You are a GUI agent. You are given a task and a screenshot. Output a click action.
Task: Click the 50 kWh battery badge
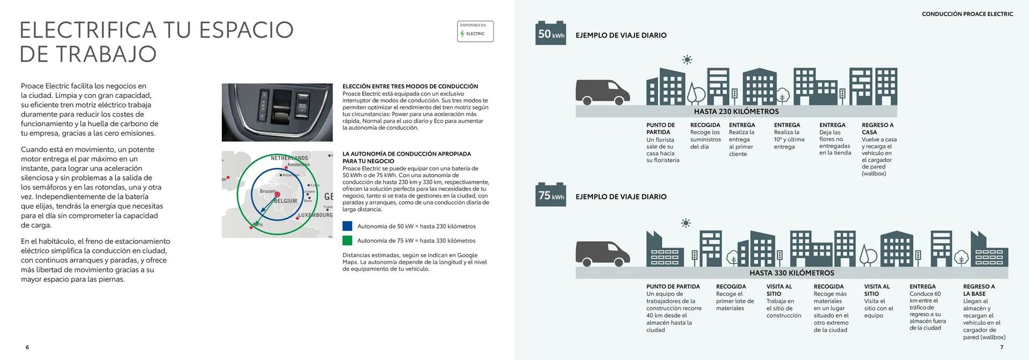pyautogui.click(x=550, y=34)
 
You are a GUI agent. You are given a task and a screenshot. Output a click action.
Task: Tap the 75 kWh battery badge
pyautogui.click(x=550, y=196)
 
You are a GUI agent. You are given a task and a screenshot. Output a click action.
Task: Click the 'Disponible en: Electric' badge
pyautogui.click(x=475, y=31)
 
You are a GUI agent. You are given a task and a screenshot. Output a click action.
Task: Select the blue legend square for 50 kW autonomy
pyautogui.click(x=347, y=226)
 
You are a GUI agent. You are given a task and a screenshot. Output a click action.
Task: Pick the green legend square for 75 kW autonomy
pyautogui.click(x=347, y=241)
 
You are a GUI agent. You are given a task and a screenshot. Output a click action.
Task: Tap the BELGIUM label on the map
pyautogui.click(x=286, y=201)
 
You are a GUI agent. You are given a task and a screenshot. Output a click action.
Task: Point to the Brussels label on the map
pyautogui.click(x=267, y=191)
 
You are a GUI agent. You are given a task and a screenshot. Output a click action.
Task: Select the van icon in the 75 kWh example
pyautogui.click(x=602, y=253)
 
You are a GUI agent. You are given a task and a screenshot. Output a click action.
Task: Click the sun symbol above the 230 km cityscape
pyautogui.click(x=687, y=59)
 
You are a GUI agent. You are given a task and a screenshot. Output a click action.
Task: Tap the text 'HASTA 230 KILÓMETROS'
pyautogui.click(x=736, y=111)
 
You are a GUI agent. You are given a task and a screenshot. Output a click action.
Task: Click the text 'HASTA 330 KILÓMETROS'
pyautogui.click(x=792, y=273)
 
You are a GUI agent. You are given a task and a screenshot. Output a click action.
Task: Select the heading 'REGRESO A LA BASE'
pyautogui.click(x=979, y=290)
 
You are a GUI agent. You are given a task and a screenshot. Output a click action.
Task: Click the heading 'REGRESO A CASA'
pyautogui.click(x=877, y=129)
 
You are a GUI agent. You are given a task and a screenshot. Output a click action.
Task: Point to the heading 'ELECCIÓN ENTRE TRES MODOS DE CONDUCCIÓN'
pyautogui.click(x=410, y=86)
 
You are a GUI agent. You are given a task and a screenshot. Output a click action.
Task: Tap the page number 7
pyautogui.click(x=1001, y=347)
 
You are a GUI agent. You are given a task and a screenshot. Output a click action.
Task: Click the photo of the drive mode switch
pyautogui.click(x=277, y=112)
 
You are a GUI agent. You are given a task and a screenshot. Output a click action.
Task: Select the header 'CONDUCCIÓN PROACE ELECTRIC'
pyautogui.click(x=967, y=14)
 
